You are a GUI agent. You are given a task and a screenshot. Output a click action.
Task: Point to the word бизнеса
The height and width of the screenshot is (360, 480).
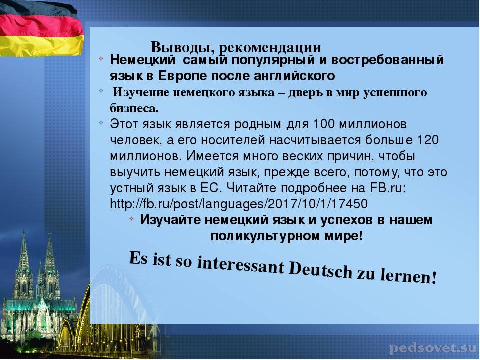pyautogui.click(x=134, y=108)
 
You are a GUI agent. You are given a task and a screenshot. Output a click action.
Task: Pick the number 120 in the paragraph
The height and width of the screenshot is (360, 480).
pyautogui.click(x=428, y=140)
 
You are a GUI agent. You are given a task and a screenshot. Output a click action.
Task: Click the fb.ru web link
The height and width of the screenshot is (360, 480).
pyautogui.click(x=239, y=204)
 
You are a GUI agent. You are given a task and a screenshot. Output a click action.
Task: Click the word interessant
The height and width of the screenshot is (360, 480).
pyautogui.click(x=241, y=265)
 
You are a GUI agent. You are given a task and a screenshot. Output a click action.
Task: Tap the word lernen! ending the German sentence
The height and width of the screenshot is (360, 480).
pyautogui.click(x=408, y=276)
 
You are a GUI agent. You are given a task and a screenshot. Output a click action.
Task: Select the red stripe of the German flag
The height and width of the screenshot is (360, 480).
pyautogui.click(x=41, y=26)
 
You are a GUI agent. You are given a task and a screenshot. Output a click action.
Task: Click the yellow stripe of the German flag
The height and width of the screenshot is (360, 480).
pyautogui.click(x=41, y=46)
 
